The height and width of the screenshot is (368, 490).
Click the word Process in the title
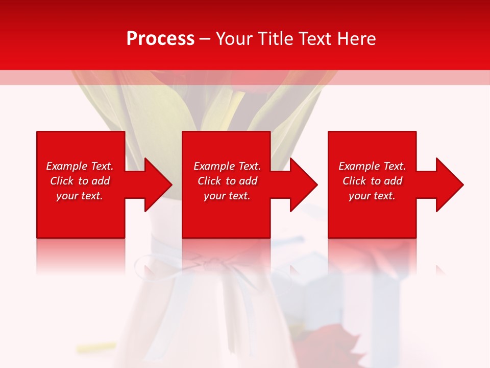pyautogui.click(x=160, y=39)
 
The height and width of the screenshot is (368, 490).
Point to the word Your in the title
pyautogui.click(x=235, y=39)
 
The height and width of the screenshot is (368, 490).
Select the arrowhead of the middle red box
pyautogui.click(x=303, y=185)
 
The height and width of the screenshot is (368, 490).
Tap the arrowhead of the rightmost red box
pyautogui.click(x=449, y=185)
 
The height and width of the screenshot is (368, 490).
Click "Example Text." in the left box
pyautogui.click(x=80, y=166)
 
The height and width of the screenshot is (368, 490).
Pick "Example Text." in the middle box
pyautogui.click(x=227, y=166)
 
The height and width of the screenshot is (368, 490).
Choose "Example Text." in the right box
pyautogui.click(x=372, y=166)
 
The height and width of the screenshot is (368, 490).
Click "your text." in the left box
pyautogui.click(x=80, y=196)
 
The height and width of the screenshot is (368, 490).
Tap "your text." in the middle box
pyautogui.click(x=227, y=196)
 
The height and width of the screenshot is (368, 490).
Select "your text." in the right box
pyautogui.click(x=372, y=196)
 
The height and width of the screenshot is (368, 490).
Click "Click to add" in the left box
pyautogui.click(x=80, y=181)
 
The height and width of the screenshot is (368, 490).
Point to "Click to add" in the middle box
pyautogui.click(x=227, y=181)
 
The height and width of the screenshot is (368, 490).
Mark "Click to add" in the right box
pyautogui.click(x=372, y=181)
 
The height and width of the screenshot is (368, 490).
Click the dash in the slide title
pyautogui.click(x=205, y=39)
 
